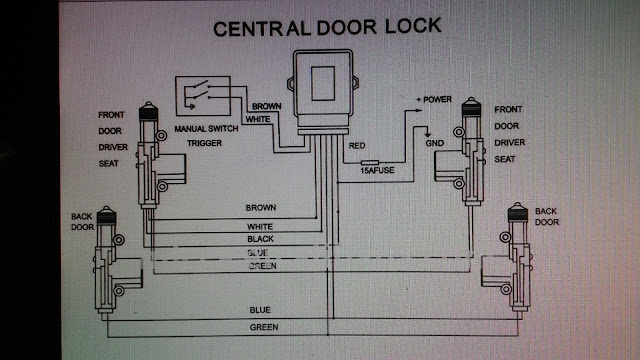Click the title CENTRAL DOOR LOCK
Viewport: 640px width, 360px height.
[x=326, y=27]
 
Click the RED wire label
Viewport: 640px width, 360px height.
[x=357, y=146]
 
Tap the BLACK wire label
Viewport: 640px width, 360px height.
[x=260, y=241]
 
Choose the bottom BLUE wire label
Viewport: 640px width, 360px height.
[x=260, y=310]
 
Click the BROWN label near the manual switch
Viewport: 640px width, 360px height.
[x=266, y=106]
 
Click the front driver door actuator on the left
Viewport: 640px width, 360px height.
[x=153, y=150]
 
